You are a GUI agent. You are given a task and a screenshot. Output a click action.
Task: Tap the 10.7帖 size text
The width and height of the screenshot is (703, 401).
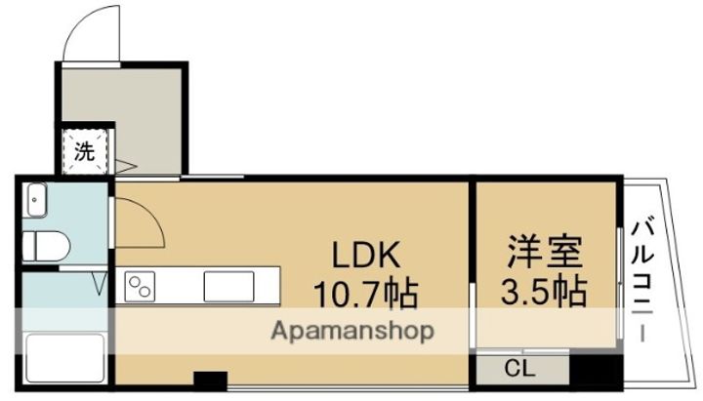(x=365, y=294)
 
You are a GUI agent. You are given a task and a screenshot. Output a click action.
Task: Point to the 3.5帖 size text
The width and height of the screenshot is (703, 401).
(x=544, y=291)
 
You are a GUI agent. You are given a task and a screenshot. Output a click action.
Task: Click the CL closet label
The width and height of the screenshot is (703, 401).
(x=519, y=369)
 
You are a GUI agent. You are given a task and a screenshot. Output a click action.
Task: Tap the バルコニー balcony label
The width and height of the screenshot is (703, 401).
(x=642, y=279)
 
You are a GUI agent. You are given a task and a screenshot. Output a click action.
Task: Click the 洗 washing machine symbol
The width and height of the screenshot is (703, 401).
(x=85, y=151)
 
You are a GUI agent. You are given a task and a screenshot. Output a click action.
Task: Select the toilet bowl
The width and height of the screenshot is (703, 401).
(x=46, y=246)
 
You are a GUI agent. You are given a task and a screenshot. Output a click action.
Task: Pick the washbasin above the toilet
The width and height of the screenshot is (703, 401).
(x=37, y=200)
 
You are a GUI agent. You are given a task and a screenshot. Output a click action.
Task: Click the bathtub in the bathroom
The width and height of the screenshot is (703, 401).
(x=64, y=358)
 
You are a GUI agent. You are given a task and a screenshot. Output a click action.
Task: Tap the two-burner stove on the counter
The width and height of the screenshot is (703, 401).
(x=140, y=286)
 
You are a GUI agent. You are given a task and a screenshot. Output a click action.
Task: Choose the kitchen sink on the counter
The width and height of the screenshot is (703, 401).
(x=228, y=286)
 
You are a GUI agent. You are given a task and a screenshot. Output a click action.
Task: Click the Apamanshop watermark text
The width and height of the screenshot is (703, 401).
(x=352, y=332)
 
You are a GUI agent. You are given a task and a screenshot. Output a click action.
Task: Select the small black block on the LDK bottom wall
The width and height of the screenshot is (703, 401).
(x=210, y=380)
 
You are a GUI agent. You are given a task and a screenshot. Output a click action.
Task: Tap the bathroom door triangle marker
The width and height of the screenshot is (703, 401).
(x=101, y=283)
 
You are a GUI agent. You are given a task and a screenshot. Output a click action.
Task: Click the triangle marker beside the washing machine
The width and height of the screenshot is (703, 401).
(x=125, y=167)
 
